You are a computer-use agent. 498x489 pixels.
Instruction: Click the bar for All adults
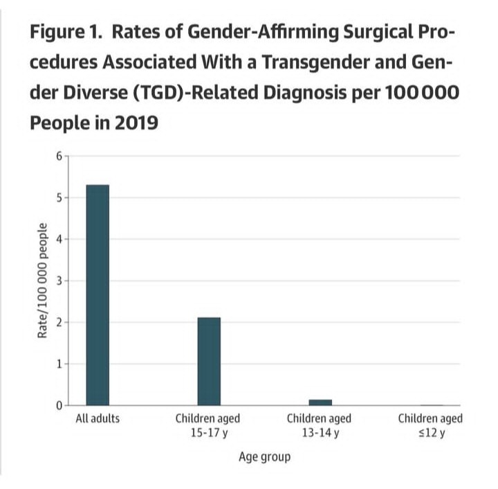98,294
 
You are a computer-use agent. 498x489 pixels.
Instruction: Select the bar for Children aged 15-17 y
209,361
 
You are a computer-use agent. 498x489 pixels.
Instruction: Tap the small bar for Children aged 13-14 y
320,402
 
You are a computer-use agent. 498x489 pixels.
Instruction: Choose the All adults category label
98,420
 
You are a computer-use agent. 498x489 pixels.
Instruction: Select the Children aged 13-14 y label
319,426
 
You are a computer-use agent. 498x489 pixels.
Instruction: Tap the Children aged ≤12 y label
430,426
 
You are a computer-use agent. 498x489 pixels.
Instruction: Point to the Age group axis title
264,457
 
